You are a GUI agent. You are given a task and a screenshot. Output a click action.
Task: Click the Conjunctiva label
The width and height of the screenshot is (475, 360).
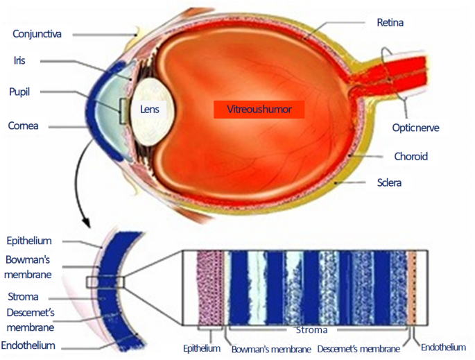coord(41,33)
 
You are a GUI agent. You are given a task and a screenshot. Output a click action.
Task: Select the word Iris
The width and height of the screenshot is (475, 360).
coord(20,60)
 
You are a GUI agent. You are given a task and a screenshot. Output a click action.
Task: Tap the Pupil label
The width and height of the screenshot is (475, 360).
coord(21,92)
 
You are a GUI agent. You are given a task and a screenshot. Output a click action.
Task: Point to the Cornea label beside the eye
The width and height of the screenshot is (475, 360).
coord(23,126)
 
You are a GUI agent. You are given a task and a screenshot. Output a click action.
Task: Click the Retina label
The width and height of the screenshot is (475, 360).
coord(390,22)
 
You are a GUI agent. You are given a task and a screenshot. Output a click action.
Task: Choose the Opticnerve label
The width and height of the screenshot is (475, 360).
coord(415,128)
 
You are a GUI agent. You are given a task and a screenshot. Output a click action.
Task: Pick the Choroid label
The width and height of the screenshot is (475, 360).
coord(411,156)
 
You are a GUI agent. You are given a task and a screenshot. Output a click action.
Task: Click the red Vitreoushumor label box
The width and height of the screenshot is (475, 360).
coord(259,110)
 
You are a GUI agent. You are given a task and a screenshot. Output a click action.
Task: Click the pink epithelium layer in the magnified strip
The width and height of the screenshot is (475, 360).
coord(210,288)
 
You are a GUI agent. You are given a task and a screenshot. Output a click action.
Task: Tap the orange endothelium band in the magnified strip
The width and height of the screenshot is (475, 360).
coord(412,288)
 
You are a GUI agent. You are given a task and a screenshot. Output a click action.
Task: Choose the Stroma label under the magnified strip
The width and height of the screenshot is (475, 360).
coord(311,330)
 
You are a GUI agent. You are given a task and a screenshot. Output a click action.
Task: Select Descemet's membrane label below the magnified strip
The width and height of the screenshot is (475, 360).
coord(359,348)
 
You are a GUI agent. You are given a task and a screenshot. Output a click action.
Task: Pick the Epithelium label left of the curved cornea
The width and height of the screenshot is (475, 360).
coord(28,241)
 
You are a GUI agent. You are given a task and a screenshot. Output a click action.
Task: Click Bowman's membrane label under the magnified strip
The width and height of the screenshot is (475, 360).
coord(270,348)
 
